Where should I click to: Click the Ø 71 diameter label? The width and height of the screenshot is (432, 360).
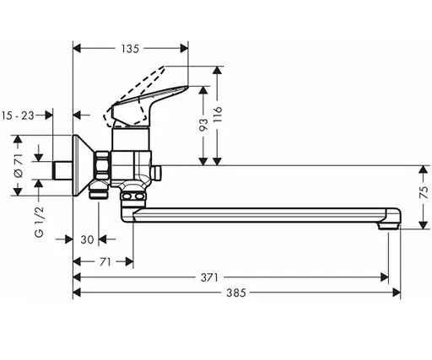[19, 166]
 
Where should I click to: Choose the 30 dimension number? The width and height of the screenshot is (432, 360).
[86, 239]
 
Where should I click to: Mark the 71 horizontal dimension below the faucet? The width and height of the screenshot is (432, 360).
[104, 262]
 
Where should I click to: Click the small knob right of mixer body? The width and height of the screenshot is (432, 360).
[158, 173]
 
